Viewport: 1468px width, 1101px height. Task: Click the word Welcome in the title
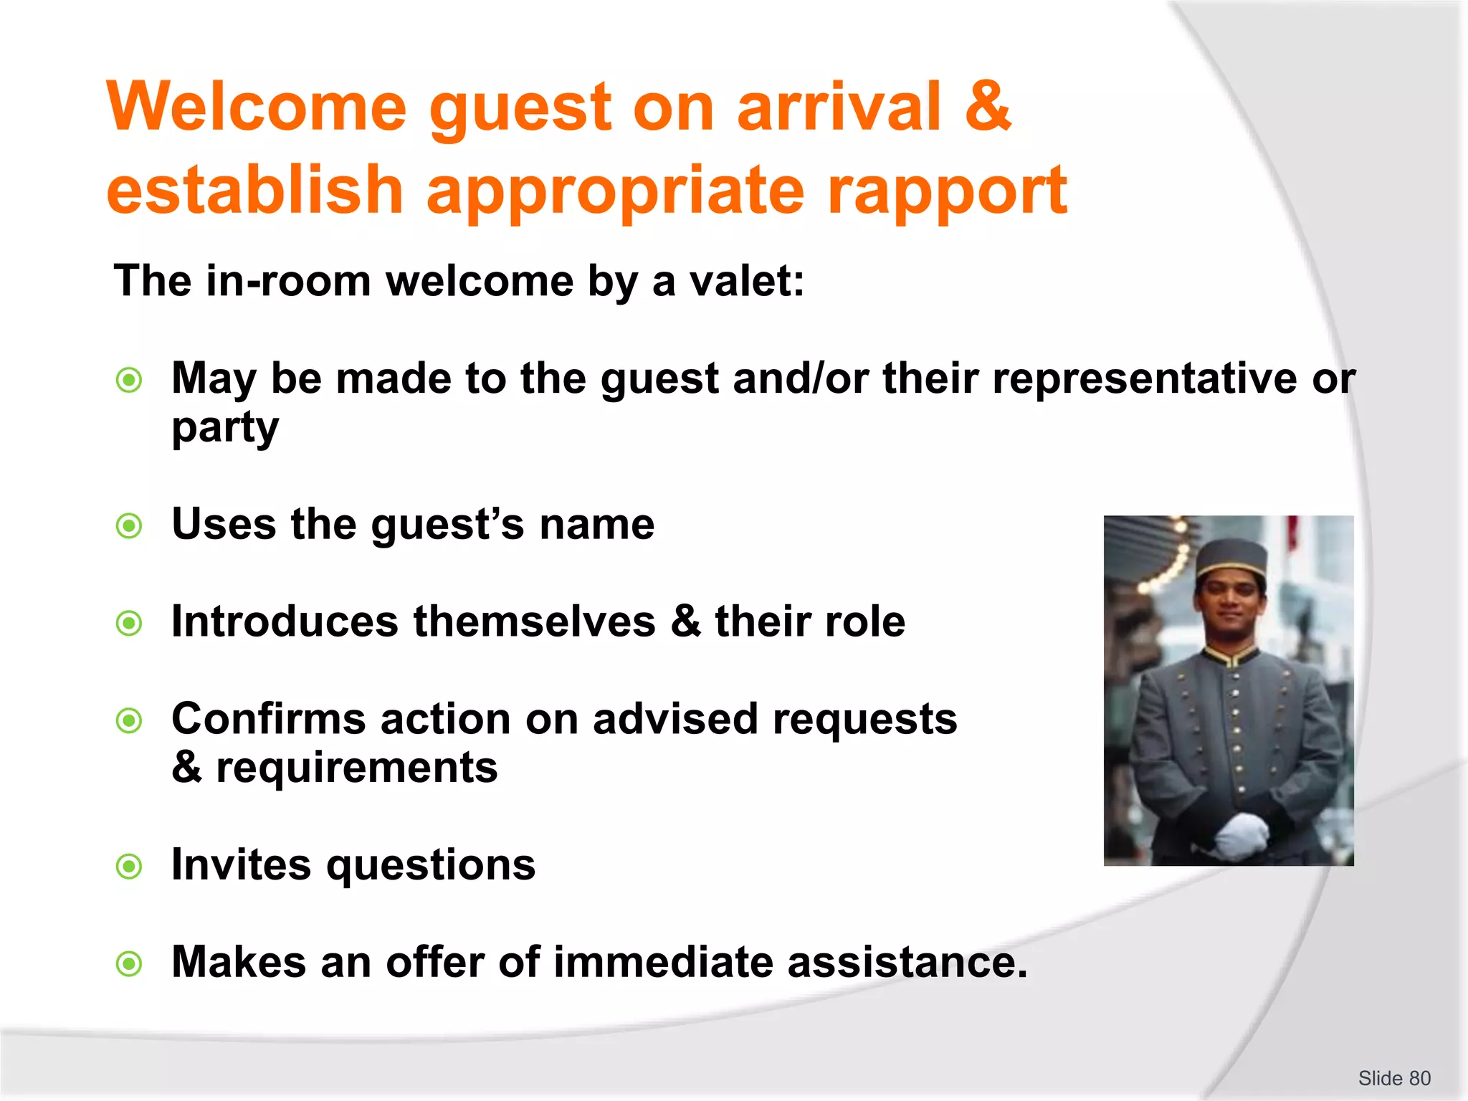257,107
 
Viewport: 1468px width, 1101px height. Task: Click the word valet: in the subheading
747,280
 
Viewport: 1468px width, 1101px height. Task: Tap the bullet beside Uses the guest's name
130,526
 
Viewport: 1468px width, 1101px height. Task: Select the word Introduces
285,621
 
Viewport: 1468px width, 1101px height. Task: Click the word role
864,621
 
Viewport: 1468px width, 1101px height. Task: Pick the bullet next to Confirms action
130,720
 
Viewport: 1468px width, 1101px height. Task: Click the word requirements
356,768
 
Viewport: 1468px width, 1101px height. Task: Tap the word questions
431,865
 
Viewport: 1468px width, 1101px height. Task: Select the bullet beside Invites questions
130,867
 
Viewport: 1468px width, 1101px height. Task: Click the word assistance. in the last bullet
907,962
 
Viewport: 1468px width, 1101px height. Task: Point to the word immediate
663,962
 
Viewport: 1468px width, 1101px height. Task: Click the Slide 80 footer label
1393,1078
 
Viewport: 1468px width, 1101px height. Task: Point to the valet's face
1229,602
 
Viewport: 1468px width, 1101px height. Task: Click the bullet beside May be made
130,380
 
